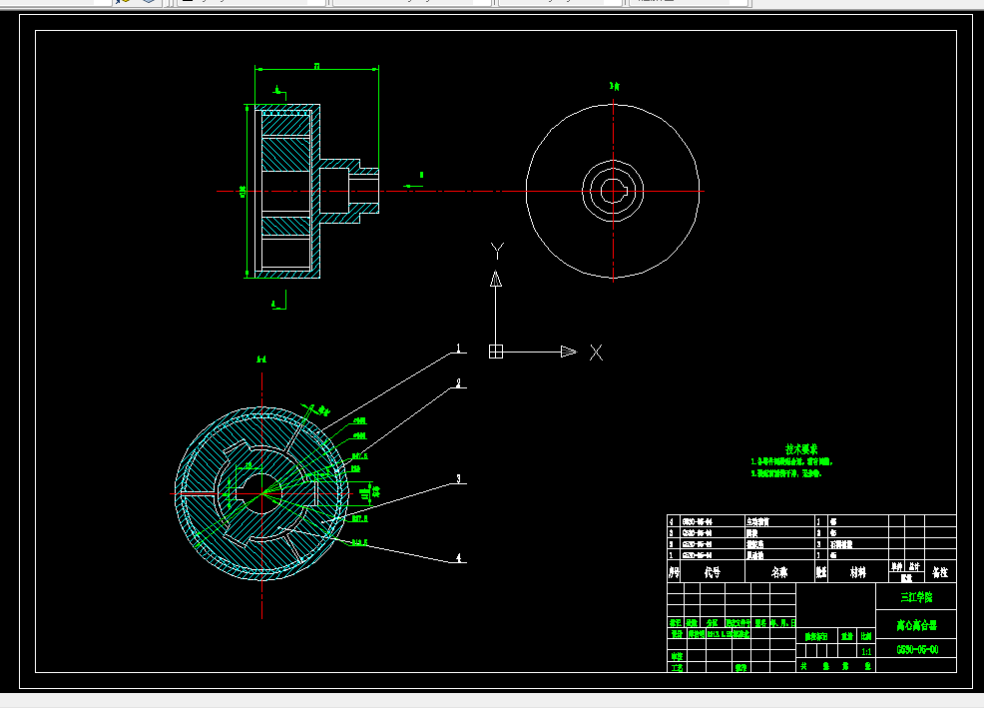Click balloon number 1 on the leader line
click(458, 348)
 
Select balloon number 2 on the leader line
click(458, 382)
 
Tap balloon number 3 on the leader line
click(459, 479)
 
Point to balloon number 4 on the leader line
click(459, 557)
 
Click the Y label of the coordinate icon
click(497, 250)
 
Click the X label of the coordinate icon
click(596, 352)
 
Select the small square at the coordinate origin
click(495, 352)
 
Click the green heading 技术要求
click(800, 449)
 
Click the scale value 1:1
click(864, 650)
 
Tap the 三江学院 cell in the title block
click(915, 597)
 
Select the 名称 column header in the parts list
click(779, 572)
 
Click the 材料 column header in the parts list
click(857, 572)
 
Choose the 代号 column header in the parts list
click(713, 572)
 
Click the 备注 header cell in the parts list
click(939, 572)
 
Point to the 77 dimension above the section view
click(317, 66)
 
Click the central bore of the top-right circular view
click(612, 190)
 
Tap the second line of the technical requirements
click(790, 474)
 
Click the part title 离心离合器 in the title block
click(915, 626)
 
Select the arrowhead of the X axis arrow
click(568, 352)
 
